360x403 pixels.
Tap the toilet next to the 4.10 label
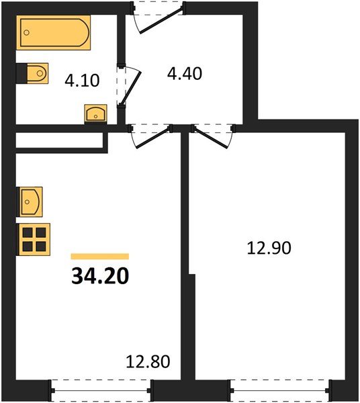coord(33,73)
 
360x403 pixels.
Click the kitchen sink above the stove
coord(30,199)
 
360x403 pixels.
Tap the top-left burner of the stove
coord(28,232)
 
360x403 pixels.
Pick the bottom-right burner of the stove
coord(40,244)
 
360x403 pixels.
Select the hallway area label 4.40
coord(185,73)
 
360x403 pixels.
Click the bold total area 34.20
coord(99,275)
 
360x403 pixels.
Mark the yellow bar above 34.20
coord(99,256)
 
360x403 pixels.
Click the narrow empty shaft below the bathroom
coord(59,140)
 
